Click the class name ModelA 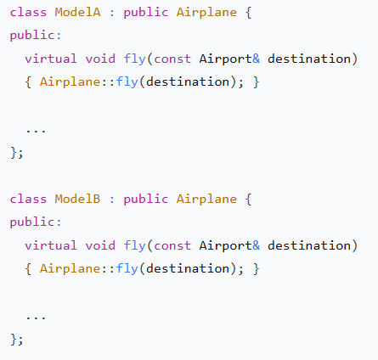(x=77, y=13)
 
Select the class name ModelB (x=77, y=200)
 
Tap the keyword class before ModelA (x=28, y=13)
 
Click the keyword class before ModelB (x=28, y=200)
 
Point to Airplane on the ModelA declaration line (x=206, y=13)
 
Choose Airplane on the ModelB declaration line (x=206, y=200)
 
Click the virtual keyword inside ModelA (x=51, y=59)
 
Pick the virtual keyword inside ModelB (x=51, y=245)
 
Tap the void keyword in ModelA (x=100, y=59)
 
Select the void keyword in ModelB (x=100, y=245)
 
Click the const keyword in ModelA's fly (x=172, y=59)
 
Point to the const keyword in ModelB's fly (x=172, y=246)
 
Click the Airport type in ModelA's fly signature (x=225, y=59)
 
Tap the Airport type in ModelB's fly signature (x=225, y=245)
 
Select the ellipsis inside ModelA (x=36, y=131)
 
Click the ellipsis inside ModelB (x=36, y=318)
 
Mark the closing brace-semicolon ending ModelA (x=17, y=153)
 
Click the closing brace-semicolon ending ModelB (x=17, y=340)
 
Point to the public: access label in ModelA (x=36, y=36)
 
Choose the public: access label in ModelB (x=36, y=222)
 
